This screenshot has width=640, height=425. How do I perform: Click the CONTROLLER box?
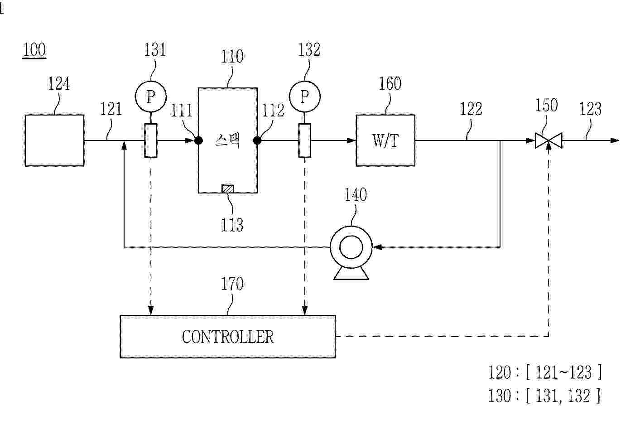point(227,337)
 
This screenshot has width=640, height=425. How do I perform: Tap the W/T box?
point(385,140)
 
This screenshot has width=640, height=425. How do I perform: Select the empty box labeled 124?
point(54,140)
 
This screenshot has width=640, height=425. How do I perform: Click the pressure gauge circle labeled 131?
point(151,97)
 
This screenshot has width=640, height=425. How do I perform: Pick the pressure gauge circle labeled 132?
point(304,97)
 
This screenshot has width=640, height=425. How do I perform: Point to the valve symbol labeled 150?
point(549,140)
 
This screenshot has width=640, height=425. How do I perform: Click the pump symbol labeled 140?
point(351,248)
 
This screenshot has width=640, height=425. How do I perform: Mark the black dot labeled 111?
point(198,140)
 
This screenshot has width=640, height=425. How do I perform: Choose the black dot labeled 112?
point(257,140)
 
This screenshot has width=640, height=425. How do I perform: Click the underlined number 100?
point(34,50)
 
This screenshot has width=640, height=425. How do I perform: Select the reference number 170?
point(232,284)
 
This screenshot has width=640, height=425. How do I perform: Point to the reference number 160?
point(390,84)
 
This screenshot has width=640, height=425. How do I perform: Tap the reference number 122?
point(471,109)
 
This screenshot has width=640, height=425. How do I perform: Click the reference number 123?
point(590,109)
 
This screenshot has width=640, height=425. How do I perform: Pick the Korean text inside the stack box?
point(227,141)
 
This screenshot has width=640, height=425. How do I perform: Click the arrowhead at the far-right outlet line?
point(615,140)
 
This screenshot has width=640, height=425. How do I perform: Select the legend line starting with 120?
point(545,372)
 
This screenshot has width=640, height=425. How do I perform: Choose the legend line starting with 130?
point(544,396)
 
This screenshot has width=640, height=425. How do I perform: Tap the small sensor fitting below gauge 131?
point(151,140)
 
